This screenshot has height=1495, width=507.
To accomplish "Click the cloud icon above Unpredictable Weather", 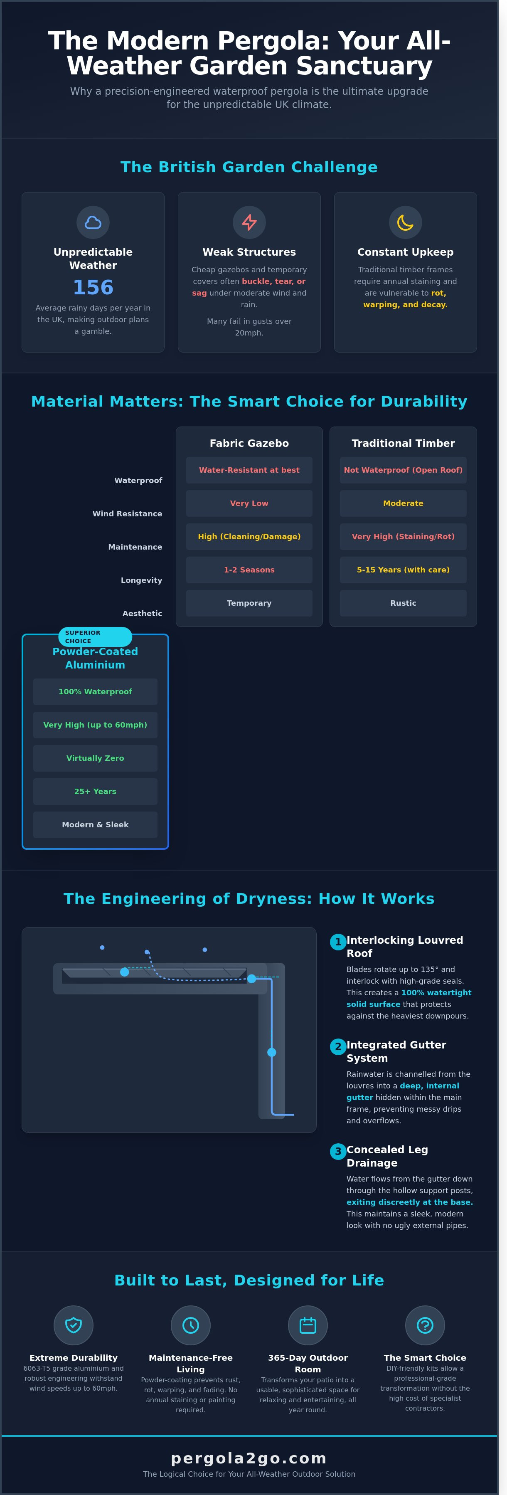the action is pos(93,222).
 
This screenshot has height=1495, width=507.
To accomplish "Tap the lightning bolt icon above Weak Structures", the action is pos(249,222).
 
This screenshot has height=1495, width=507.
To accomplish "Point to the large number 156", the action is pos(93,287).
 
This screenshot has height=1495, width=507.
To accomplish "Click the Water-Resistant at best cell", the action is pos(249,470).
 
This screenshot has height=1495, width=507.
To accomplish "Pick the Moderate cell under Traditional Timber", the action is pos(403,503).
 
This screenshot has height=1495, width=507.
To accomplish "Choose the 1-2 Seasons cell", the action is pos(249,570).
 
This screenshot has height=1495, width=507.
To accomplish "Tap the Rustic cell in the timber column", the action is pos(403,603).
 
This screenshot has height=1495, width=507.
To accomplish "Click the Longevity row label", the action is pos(142,580).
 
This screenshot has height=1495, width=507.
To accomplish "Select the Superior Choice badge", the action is pos(95,636).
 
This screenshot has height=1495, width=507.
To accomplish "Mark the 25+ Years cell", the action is pos(95,792).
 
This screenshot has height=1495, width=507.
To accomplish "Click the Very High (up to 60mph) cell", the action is pos(95,725).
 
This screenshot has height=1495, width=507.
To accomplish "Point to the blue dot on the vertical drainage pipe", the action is pos(271,1052).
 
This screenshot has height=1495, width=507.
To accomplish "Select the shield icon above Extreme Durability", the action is pos(74,1325).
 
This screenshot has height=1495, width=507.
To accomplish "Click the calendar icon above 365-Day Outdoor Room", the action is pos(308,1325).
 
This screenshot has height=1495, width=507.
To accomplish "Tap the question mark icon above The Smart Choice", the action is pos(425,1325).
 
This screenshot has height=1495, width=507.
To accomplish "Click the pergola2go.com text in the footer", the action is pos(249,1458).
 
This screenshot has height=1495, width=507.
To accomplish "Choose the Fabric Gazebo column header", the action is pos(249,444).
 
